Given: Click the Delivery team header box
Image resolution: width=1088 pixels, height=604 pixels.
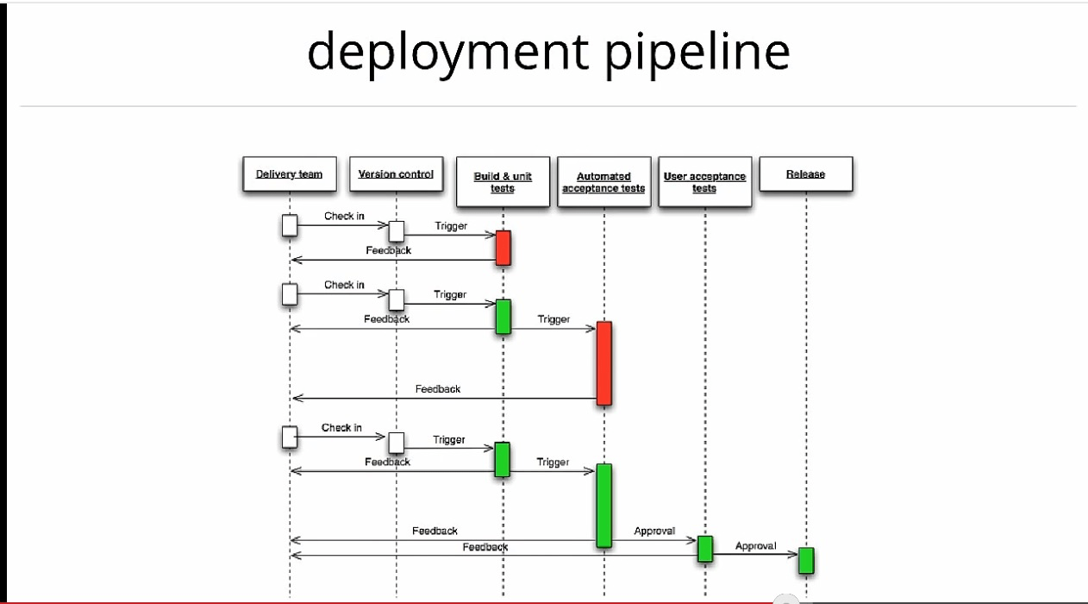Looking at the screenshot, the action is (x=290, y=174).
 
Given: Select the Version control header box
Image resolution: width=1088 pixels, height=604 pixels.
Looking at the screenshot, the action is (x=397, y=174).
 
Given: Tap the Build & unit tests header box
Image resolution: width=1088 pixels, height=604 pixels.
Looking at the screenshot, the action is (x=503, y=182).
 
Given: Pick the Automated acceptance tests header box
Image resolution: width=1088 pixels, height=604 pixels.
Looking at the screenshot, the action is (x=603, y=182).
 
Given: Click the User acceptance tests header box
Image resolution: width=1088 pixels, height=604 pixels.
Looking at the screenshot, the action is (x=704, y=182).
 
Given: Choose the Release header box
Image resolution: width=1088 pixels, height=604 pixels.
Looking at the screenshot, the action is (x=806, y=174).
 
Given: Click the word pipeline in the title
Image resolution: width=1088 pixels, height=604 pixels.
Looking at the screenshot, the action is (x=697, y=53).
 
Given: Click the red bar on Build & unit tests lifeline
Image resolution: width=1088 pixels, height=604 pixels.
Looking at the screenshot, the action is (x=503, y=248).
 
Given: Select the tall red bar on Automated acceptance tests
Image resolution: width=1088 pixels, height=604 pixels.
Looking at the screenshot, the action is (x=604, y=363).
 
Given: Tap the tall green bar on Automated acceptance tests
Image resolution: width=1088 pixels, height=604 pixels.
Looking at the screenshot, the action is (x=603, y=506).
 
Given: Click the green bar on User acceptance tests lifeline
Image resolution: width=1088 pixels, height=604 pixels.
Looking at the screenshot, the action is (x=705, y=549).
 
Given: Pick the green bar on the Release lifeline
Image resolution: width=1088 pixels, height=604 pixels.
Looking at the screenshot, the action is (x=806, y=561).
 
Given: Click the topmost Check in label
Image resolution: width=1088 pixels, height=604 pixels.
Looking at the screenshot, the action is (x=344, y=216).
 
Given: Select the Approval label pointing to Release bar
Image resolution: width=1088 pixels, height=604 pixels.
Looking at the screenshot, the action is (x=756, y=545).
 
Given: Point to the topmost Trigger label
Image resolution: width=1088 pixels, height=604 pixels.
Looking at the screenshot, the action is (x=451, y=226).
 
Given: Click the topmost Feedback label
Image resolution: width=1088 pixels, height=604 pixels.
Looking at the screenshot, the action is (x=389, y=250).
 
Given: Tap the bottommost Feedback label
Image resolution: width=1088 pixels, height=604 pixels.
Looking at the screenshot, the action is (x=485, y=547).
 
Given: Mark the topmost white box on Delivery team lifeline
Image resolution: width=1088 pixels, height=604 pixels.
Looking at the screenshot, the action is (x=290, y=226).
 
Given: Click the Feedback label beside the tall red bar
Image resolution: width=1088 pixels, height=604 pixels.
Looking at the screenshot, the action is (x=438, y=389).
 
